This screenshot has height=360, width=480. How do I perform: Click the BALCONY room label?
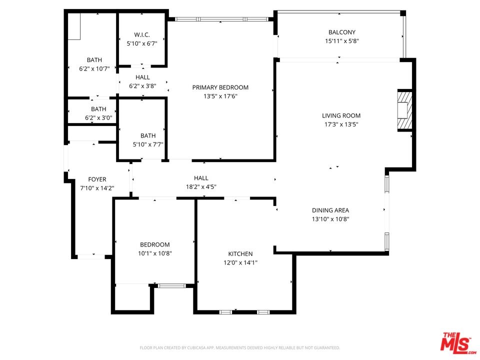point(342,32)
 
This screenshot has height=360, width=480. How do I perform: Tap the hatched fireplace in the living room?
point(404,110)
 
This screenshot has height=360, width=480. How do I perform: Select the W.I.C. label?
point(142,34)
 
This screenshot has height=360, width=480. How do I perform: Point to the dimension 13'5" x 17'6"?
point(220,96)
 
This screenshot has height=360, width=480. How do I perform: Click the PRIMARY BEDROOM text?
point(220,87)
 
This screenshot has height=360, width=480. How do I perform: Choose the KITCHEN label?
point(240,254)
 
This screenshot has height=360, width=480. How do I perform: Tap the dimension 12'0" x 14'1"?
point(240,262)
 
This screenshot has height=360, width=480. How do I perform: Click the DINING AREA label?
point(330,210)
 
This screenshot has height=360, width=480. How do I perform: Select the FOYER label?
point(97,179)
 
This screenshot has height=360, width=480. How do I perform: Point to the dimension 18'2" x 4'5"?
point(201,186)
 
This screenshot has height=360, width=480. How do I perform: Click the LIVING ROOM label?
point(341,115)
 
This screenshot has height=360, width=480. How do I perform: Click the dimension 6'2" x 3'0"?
point(98,118)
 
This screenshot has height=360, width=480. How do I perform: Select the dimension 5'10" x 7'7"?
point(148,144)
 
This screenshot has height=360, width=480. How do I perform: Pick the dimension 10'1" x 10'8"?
point(155,253)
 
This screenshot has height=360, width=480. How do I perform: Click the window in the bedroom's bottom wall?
point(172,286)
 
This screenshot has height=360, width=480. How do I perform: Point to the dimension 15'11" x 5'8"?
point(342,41)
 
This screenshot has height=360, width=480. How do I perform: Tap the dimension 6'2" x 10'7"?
point(94,69)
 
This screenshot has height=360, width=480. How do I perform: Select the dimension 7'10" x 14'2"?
point(97,188)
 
